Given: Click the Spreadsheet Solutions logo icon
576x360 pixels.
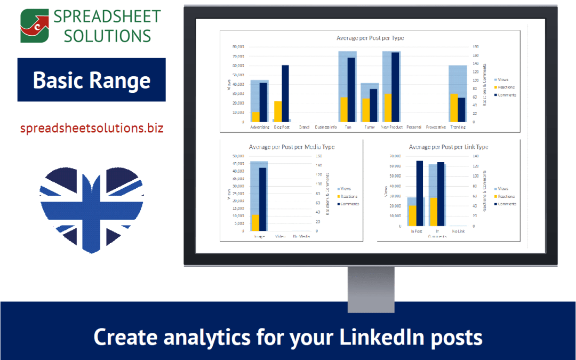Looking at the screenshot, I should [x=34, y=26].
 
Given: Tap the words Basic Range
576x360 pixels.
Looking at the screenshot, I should [x=92, y=80].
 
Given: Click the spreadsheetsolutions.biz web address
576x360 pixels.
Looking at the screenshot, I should [x=92, y=129].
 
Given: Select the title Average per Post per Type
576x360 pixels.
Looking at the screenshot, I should [x=370, y=38].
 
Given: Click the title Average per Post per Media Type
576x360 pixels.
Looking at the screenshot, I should [x=291, y=147].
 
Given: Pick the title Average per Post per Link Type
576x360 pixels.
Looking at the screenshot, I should [x=448, y=147].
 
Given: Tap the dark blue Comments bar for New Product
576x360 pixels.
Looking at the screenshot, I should [x=395, y=87].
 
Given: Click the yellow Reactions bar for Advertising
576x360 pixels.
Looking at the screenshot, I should [x=255, y=117].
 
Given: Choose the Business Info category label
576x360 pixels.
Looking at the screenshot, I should [x=325, y=127].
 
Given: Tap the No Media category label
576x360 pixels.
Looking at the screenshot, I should [x=301, y=236].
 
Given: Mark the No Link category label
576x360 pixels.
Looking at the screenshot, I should [x=457, y=231].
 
